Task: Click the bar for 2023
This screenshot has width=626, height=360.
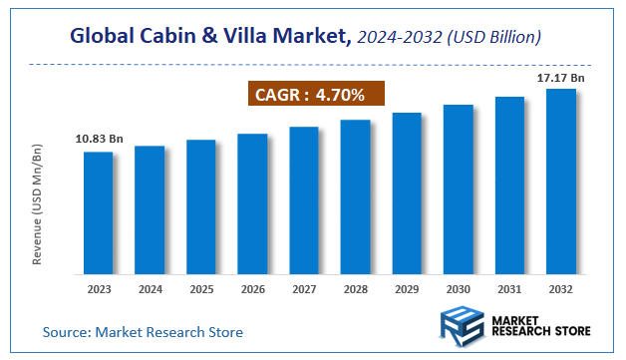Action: (x=98, y=212)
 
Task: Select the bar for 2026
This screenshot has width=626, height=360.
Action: (x=252, y=203)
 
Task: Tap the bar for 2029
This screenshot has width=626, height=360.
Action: (x=407, y=193)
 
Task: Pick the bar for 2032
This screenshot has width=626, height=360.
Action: (x=561, y=181)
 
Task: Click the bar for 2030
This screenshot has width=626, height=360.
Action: (x=459, y=189)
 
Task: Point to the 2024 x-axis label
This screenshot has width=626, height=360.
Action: (x=150, y=290)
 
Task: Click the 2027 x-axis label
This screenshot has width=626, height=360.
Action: (x=304, y=290)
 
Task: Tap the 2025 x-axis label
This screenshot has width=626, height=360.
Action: (x=201, y=290)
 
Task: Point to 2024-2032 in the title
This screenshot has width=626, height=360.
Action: (x=393, y=38)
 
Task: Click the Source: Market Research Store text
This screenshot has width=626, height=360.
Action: (x=143, y=331)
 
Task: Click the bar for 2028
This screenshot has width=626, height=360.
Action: (x=356, y=197)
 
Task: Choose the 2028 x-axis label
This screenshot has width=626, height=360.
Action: (x=356, y=290)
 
